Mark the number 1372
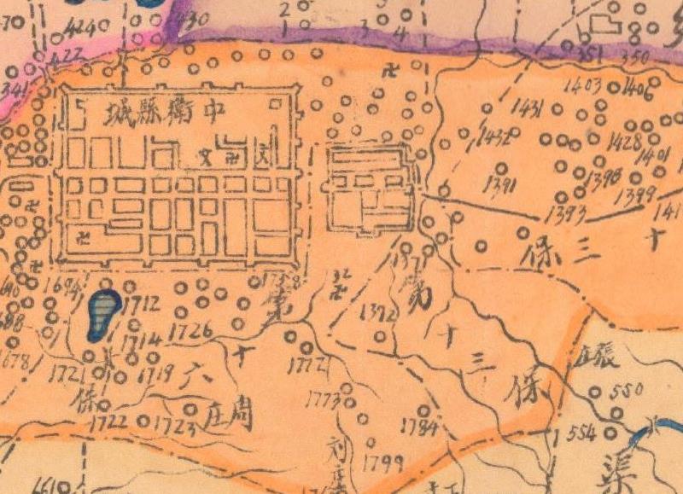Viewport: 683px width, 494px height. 379,313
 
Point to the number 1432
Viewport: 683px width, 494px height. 497,138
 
